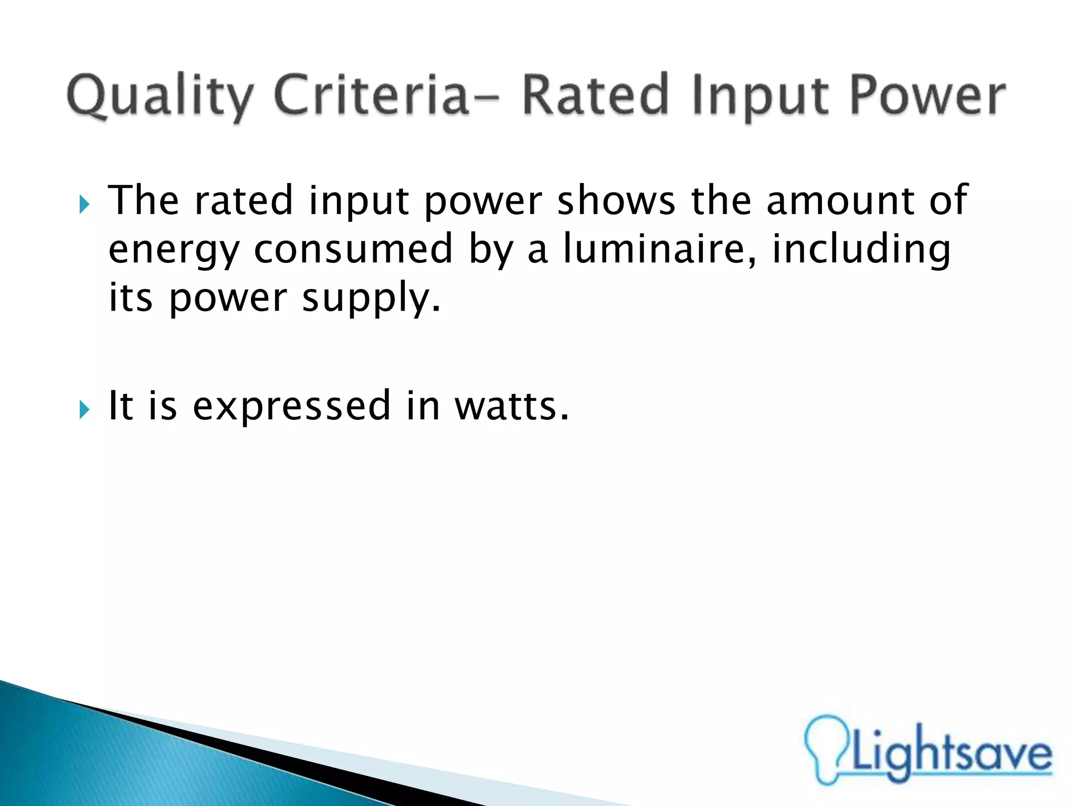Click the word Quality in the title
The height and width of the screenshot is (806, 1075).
point(160,97)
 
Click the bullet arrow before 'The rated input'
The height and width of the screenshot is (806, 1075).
point(85,204)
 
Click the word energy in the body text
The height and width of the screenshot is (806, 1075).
point(174,251)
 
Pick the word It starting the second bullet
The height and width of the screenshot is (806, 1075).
point(120,406)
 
